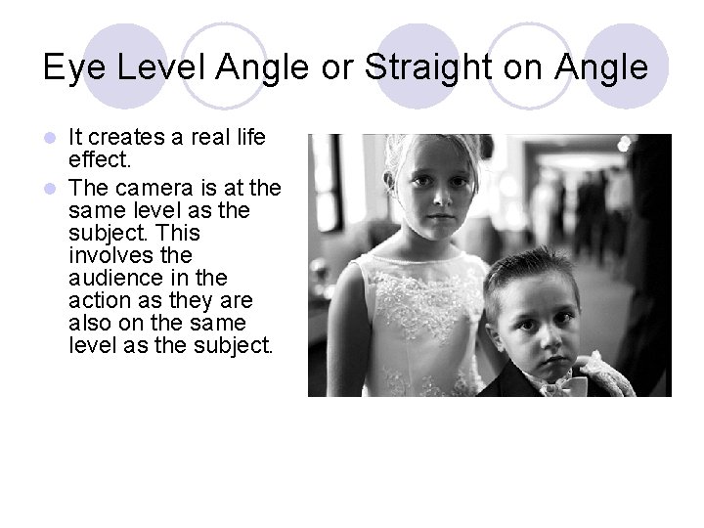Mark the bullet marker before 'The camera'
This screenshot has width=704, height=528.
[56, 187]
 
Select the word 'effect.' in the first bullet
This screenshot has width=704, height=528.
[103, 158]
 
